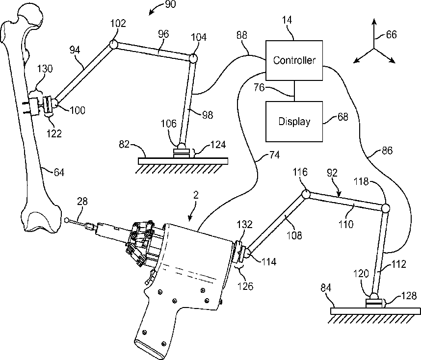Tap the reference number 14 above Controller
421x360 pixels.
pos(287,20)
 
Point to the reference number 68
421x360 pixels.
pos(342,117)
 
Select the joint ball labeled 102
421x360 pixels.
pos(113,44)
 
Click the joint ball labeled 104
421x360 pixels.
pos(193,58)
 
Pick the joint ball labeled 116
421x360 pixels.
pos(306,194)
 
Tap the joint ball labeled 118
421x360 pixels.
pos(386,208)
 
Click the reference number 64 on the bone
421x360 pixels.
pos(59,172)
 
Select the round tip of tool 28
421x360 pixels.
pos(67,220)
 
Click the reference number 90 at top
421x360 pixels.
pos(170,4)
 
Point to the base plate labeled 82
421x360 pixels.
pos(183,161)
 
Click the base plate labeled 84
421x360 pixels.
pos(375,311)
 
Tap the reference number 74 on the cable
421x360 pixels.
pos(274,155)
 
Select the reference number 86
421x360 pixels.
pos(387,151)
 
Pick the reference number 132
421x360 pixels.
pos(244,225)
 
